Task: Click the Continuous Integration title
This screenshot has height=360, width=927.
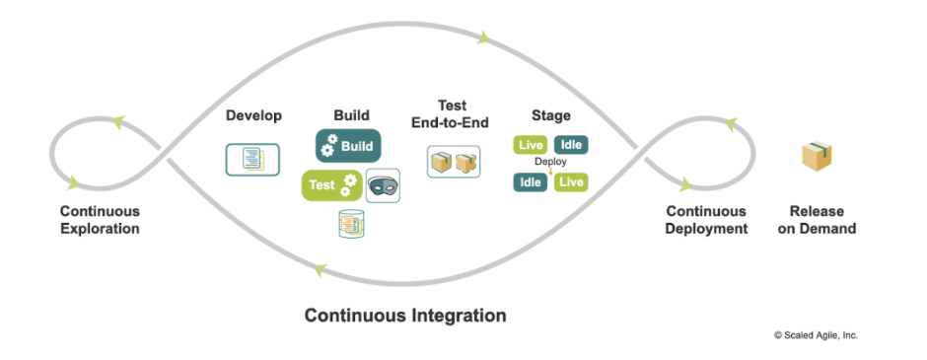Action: [404, 316]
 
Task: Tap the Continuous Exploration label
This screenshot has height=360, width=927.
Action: [100, 220]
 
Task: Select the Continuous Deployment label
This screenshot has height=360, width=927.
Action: [706, 220]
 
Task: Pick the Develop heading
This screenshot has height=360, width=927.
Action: [253, 115]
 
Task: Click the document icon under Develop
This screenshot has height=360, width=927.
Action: [252, 158]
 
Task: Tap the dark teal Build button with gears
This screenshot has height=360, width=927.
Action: [348, 146]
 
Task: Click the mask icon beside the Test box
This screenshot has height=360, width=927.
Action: [383, 185]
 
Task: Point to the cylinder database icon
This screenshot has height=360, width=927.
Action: [350, 225]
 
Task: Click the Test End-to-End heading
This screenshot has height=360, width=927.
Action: [452, 113]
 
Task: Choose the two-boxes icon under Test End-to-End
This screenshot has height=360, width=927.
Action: [453, 162]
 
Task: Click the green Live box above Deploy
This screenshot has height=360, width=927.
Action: [531, 145]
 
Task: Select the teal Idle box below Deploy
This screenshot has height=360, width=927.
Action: [531, 181]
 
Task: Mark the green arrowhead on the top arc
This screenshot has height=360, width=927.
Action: [483, 38]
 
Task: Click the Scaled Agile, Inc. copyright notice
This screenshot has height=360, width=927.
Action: [815, 335]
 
